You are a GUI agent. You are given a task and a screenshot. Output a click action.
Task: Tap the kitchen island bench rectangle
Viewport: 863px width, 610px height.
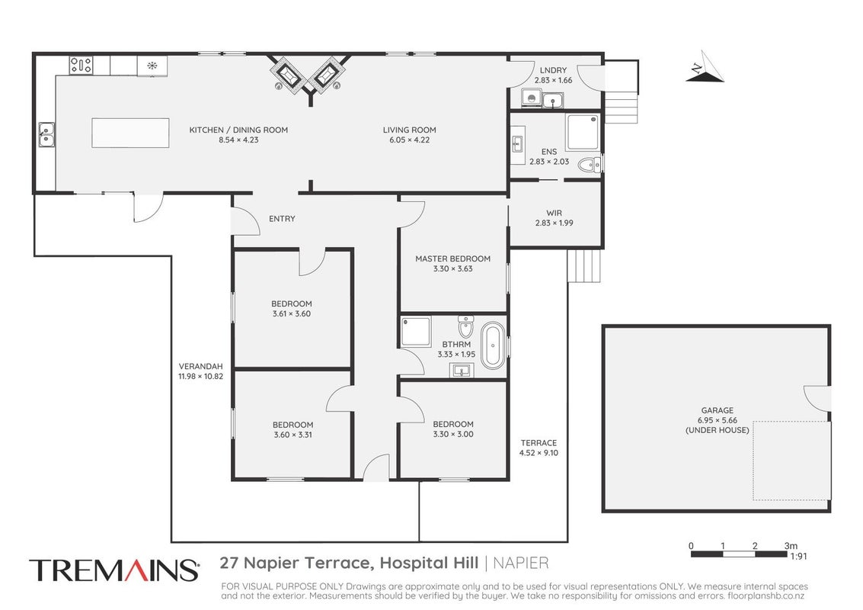[x=130, y=133]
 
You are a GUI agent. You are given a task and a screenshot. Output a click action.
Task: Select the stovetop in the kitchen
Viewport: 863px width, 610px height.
[x=81, y=66]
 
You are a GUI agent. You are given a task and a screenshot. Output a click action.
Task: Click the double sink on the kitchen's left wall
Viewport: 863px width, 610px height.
[x=46, y=134]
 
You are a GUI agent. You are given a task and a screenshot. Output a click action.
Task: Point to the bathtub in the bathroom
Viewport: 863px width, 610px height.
[x=493, y=345]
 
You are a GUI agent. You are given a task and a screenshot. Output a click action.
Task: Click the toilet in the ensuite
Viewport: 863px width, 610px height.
[x=590, y=164]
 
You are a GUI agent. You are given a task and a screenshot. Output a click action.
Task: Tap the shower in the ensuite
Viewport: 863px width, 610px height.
[x=582, y=132]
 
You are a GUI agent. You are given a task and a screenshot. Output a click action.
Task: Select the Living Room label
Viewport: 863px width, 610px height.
[x=410, y=130]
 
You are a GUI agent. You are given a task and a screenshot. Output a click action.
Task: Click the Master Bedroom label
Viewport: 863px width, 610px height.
[x=452, y=258]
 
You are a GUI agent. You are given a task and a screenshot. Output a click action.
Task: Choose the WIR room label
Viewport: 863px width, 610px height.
[x=555, y=213]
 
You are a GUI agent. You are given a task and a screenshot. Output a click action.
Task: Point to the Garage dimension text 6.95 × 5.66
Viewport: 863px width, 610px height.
[x=718, y=420]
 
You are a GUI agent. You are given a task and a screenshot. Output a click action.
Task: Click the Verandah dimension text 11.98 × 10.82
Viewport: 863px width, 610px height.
[x=201, y=377]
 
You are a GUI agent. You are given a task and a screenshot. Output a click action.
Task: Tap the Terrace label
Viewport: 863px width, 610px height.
[x=539, y=442]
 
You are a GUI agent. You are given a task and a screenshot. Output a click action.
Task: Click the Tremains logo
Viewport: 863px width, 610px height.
[x=114, y=570]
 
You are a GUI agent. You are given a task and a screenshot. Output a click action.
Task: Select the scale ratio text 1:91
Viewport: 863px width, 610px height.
[x=798, y=557]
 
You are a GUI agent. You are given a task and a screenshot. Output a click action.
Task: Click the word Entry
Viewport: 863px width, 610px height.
[x=282, y=219]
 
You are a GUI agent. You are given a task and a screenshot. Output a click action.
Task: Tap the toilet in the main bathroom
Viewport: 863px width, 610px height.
[x=465, y=326]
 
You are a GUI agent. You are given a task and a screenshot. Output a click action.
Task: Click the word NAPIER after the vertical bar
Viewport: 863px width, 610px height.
[x=521, y=563]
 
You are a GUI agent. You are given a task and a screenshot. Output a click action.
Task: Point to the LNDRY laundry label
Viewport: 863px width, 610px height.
[x=553, y=70]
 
